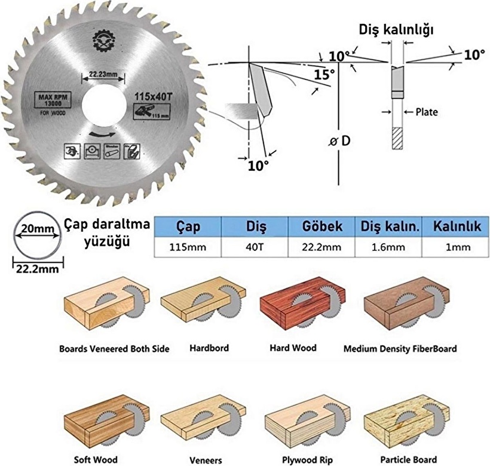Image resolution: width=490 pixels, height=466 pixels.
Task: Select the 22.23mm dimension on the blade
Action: (102, 75)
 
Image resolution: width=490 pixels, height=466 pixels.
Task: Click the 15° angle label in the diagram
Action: (323, 75)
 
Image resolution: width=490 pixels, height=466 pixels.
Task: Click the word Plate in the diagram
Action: (426, 112)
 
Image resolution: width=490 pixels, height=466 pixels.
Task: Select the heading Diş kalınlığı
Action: (396, 29)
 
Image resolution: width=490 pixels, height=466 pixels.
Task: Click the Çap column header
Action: (188, 227)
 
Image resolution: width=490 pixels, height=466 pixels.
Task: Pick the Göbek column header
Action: (322, 227)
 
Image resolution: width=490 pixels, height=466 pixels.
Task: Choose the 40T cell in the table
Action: (255, 247)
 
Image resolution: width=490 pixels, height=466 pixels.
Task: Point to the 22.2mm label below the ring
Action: (37, 269)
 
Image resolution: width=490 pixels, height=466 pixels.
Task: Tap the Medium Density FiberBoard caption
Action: (400, 348)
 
